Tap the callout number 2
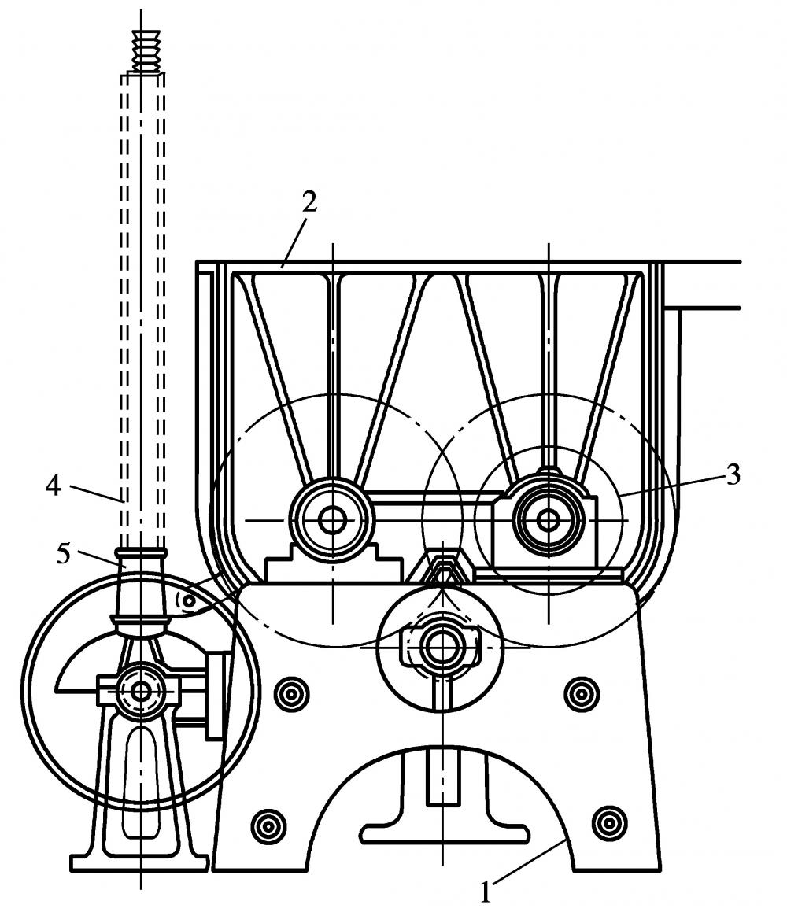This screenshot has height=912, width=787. [x=309, y=201]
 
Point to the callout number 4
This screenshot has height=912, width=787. [x=53, y=486]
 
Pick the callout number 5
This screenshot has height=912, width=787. [x=64, y=554]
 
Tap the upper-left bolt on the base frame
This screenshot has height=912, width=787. [x=291, y=693]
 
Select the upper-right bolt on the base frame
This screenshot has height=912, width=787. [x=581, y=693]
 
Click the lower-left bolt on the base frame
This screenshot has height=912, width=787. [x=268, y=825]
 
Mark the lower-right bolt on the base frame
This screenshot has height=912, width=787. [x=609, y=823]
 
